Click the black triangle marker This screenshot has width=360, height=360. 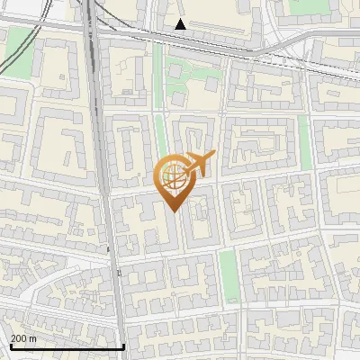pos(181,24)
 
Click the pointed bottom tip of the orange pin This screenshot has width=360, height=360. pos(173,211)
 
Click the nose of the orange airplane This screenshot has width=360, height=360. pos(211,157)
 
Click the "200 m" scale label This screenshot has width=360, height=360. pos(23,338)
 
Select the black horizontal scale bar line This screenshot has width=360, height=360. pos(67,346)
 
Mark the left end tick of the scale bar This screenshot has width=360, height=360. pos(10,345)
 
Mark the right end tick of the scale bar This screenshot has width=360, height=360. pos(123,345)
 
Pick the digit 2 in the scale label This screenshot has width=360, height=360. pos(13,338)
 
